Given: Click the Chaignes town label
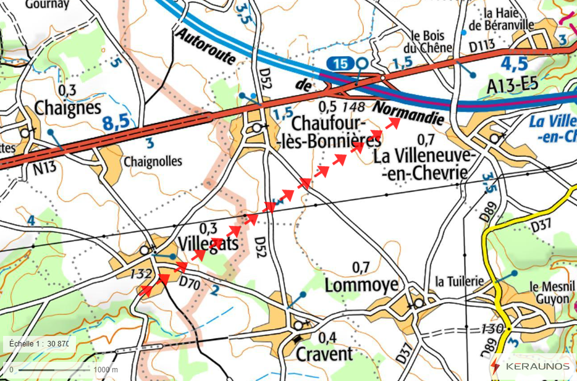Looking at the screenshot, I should [68, 107].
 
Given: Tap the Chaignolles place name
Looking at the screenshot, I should [153, 161].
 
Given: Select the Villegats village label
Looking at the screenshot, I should [207, 243].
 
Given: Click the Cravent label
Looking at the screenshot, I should [324, 353].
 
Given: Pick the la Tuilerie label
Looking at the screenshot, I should [458, 282].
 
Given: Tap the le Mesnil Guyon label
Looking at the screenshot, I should [550, 293].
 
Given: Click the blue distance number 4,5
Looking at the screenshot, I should [513, 64].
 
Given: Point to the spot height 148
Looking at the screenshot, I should [353, 107].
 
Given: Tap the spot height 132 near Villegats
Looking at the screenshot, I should [141, 273].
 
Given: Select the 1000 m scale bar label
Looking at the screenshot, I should [106, 369].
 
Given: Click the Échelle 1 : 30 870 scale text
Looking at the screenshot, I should [38, 343].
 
